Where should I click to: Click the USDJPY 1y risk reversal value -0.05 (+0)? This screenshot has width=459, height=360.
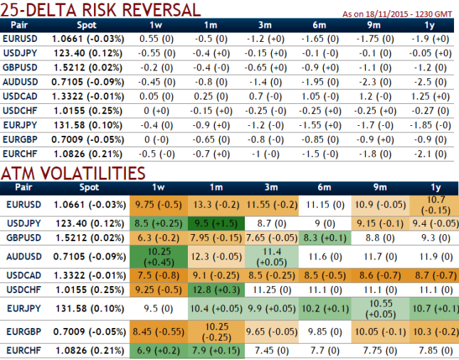[x=428, y=53]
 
